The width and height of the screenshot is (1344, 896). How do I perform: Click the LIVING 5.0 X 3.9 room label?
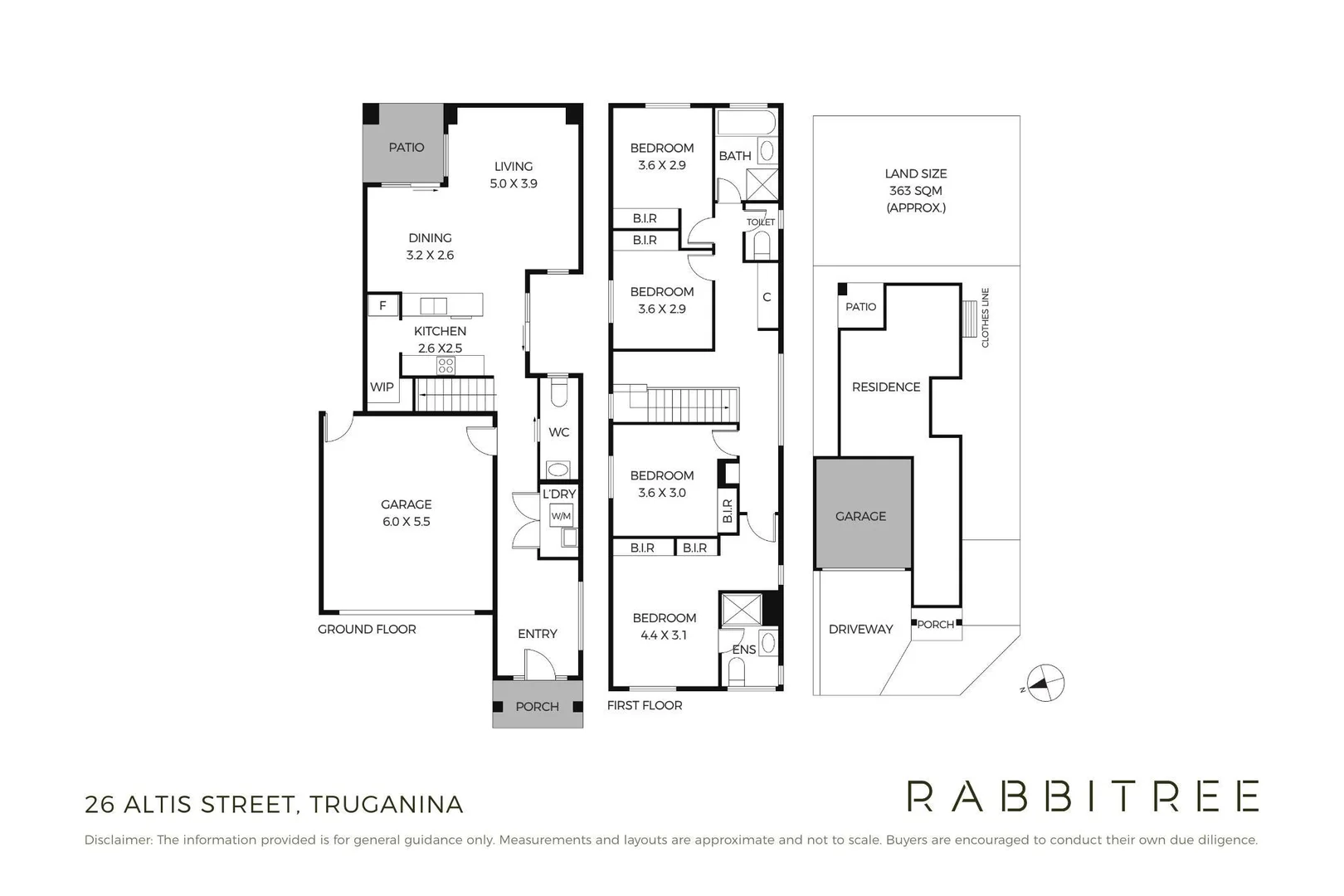coord(514,175)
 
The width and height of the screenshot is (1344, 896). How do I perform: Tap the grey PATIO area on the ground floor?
coord(406,147)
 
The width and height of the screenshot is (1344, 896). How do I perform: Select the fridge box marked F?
coord(383,305)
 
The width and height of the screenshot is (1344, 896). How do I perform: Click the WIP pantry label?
coord(382,387)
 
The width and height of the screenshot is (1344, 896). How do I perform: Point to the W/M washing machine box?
coord(561,516)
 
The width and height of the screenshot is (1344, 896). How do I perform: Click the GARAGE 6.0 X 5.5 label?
coord(406,513)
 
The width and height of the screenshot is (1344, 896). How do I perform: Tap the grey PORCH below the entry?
coord(537,706)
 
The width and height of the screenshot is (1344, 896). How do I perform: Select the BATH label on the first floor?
coord(735,156)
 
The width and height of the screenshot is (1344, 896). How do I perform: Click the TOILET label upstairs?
coord(761,222)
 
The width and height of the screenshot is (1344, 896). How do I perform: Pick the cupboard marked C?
coord(767,297)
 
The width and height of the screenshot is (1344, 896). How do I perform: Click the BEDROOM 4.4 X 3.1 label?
coord(664,626)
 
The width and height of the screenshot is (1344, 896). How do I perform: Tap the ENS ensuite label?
coord(743,650)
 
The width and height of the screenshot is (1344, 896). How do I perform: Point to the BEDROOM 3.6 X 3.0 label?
coord(661,484)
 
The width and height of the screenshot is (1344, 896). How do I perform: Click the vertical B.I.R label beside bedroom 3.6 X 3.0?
coord(728,510)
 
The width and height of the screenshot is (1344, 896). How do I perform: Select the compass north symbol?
coord(1045,684)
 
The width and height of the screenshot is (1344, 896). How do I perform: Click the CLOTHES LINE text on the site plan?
coord(986,318)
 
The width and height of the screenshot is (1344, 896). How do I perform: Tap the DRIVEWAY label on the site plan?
coord(860,629)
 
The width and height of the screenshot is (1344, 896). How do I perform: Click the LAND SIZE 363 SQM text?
coord(915,190)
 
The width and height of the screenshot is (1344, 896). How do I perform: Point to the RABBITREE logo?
coord(1083,796)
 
